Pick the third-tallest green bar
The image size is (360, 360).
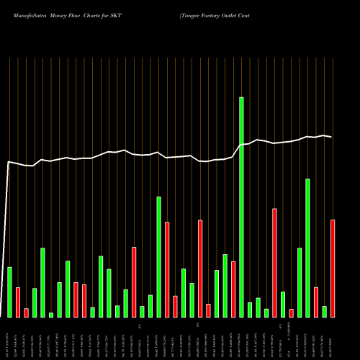pyautogui.click(x=158, y=256)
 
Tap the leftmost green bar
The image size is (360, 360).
pyautogui.click(x=9, y=292)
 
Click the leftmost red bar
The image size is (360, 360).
pyautogui.click(x=18, y=302)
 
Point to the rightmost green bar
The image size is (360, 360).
pyautogui.click(x=324, y=311)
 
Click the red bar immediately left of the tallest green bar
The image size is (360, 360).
pyautogui.click(x=233, y=289)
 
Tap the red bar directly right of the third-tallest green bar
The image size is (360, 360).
pyautogui.click(x=167, y=269)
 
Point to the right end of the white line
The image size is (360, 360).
pyautogui.click(x=331, y=137)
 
